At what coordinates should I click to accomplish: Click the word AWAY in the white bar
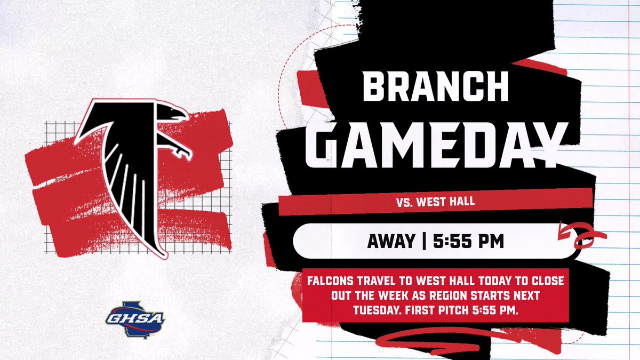click(390, 241)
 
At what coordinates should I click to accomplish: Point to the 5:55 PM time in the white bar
click(468, 241)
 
